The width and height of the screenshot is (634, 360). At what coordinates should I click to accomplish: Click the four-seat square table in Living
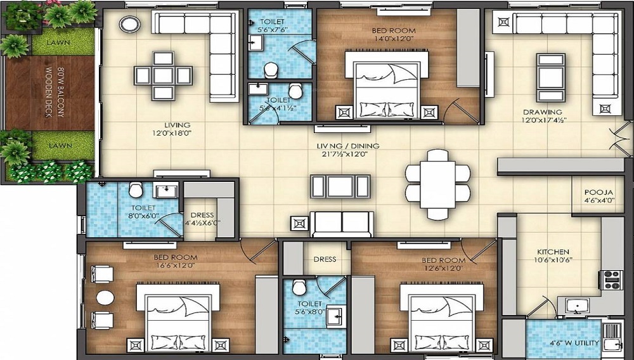tap(163, 75)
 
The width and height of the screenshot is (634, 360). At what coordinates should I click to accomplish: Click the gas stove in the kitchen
tap(612, 280)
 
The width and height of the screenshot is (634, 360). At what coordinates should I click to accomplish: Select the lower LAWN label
tap(58, 146)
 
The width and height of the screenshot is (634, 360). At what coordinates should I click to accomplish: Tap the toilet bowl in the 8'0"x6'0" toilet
tap(135, 190)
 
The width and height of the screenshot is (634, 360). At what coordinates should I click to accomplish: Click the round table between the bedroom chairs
tap(104, 297)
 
